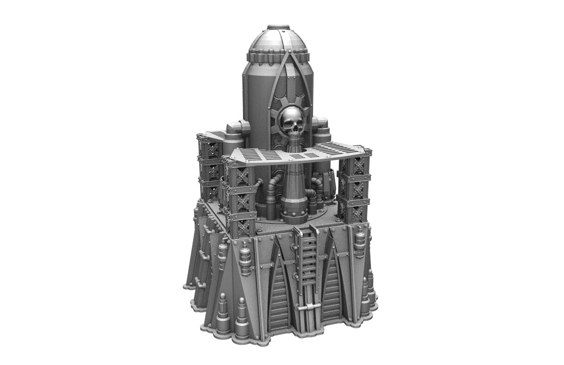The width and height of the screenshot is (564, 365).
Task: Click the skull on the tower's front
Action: coord(291,124)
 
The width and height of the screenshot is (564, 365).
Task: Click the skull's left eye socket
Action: coord(287,123)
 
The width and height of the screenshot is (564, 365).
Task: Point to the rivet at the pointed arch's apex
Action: coord(287,55)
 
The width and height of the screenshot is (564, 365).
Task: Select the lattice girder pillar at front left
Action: coord(240,198)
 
